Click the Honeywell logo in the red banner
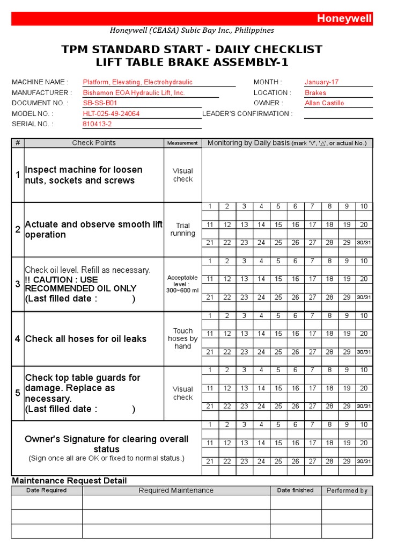click(344, 19)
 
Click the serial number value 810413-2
click(97, 124)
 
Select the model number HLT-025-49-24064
click(111, 114)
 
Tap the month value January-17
click(321, 82)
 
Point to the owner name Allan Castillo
click(324, 103)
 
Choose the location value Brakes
click(315, 93)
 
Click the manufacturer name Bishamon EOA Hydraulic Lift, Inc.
click(134, 93)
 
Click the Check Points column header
click(94, 143)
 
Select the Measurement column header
click(182, 143)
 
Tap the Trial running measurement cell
click(183, 230)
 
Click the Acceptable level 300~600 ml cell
click(182, 284)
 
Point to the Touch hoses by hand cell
click(182, 339)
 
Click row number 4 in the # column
click(18, 339)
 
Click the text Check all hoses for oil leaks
click(86, 339)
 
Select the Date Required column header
click(47, 490)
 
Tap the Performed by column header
click(347, 490)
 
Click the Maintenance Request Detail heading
click(69, 481)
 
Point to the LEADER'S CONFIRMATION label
click(247, 114)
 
